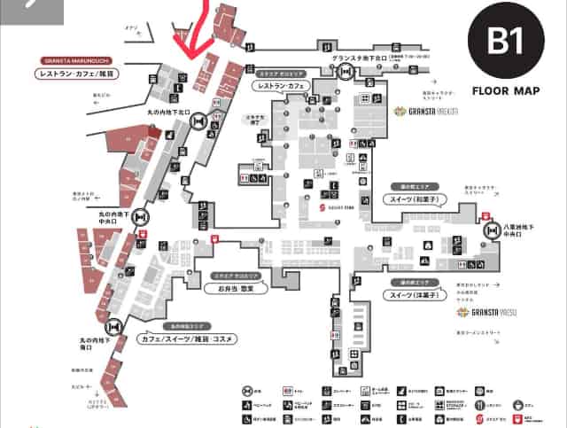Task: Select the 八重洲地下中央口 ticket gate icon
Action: click(x=492, y=230)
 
